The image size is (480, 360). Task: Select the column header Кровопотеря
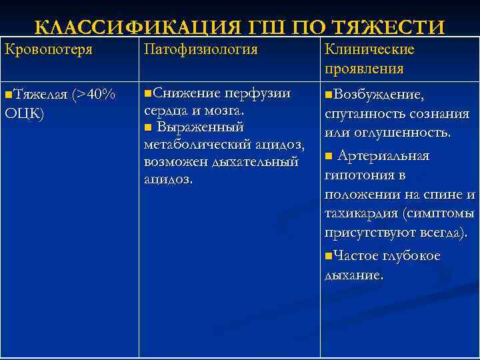pos(48,50)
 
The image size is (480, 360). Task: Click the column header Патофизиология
pos(201,50)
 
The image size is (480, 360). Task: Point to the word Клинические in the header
pos(369,50)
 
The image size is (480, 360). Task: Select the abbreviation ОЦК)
pos(25,113)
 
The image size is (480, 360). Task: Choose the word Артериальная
pos(383,156)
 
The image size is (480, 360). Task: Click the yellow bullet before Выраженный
pos(148,127)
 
